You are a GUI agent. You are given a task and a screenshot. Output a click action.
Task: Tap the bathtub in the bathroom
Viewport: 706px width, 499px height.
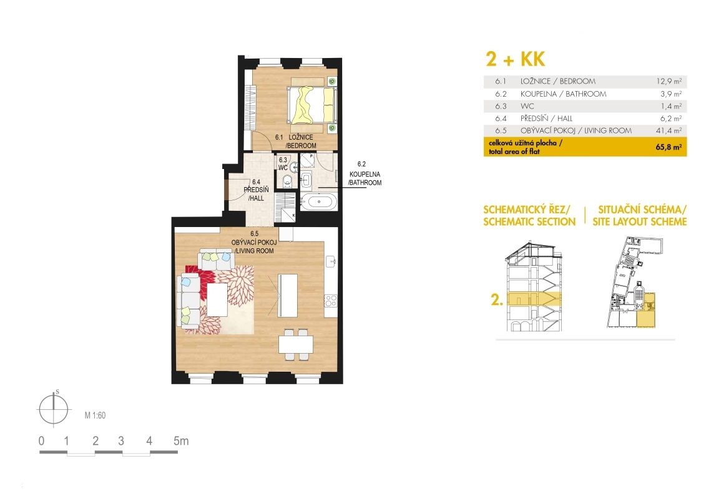(319, 201)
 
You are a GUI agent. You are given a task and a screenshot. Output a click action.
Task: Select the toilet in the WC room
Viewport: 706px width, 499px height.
(287, 181)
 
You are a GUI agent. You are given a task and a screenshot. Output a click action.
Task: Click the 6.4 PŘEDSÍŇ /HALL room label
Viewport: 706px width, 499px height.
(256, 190)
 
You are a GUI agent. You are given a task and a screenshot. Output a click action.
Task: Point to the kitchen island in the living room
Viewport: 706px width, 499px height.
(288, 295)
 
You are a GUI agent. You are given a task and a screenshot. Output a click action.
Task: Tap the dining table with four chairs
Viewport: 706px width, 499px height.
(295, 345)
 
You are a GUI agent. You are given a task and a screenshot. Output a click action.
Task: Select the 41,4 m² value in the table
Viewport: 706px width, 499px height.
(669, 130)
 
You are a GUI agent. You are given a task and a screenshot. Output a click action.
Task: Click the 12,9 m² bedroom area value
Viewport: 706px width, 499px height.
(669, 82)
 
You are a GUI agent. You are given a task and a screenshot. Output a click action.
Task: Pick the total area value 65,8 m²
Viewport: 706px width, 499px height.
(669, 147)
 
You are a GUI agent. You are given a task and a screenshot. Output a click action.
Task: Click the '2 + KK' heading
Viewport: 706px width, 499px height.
(516, 59)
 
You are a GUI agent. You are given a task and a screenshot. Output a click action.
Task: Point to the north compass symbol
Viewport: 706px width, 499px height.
(54, 409)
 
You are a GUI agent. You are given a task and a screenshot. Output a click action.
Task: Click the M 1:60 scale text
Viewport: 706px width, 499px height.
(95, 415)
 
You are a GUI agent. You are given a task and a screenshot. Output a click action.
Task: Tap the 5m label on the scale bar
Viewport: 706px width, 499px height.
(181, 441)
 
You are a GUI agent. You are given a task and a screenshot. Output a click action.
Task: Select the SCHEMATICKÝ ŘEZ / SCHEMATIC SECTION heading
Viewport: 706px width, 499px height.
(529, 216)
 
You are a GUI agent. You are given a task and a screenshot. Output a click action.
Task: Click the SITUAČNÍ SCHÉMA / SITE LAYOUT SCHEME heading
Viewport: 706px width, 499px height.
(639, 216)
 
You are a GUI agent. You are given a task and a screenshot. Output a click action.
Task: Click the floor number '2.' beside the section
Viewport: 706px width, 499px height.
(497, 300)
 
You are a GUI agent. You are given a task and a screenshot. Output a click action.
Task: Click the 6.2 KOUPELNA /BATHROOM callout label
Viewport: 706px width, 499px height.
(365, 173)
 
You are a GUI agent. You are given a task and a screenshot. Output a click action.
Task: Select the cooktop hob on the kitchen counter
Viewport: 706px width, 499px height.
(331, 300)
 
